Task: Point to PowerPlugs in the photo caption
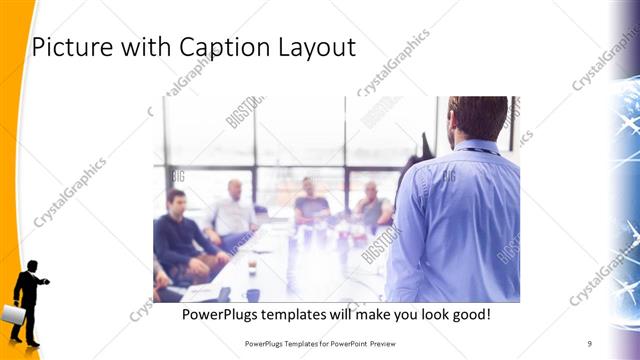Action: [222, 314]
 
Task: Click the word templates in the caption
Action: [302, 314]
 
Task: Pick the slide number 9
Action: [589, 343]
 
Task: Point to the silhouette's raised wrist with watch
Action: [45, 283]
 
